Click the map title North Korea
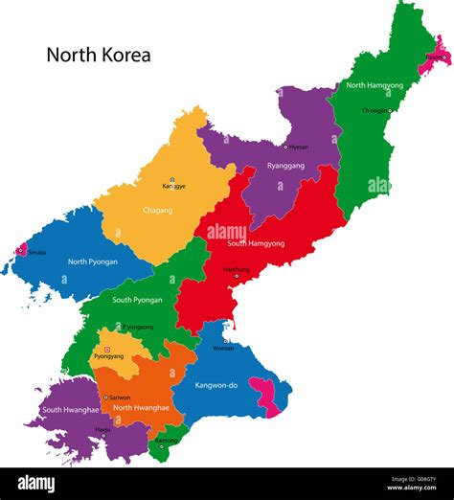(99, 55)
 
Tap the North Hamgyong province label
(375, 85)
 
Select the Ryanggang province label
(286, 165)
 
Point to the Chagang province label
(157, 210)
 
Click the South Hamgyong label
(256, 243)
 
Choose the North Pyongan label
(93, 261)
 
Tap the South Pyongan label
(137, 300)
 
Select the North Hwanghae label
(141, 407)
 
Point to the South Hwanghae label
(70, 409)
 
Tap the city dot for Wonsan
(225, 340)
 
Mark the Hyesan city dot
(284, 148)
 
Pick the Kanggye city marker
(172, 179)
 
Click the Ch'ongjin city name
(375, 110)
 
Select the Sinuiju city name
(35, 251)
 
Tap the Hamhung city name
(236, 269)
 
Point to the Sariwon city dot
(106, 397)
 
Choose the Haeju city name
(102, 429)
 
